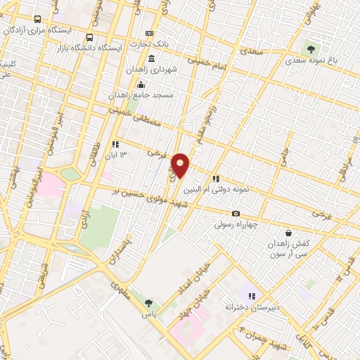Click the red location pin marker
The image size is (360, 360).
[x=181, y=165]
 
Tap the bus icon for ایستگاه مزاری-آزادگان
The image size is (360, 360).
[x=37, y=20]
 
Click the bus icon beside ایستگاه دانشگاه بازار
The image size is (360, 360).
[x=89, y=37]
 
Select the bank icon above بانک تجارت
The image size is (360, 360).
[x=149, y=34]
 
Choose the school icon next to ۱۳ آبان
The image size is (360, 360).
[x=115, y=144]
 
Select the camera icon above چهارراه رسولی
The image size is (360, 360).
[x=236, y=213]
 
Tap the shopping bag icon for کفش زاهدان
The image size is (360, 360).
[x=288, y=233]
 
